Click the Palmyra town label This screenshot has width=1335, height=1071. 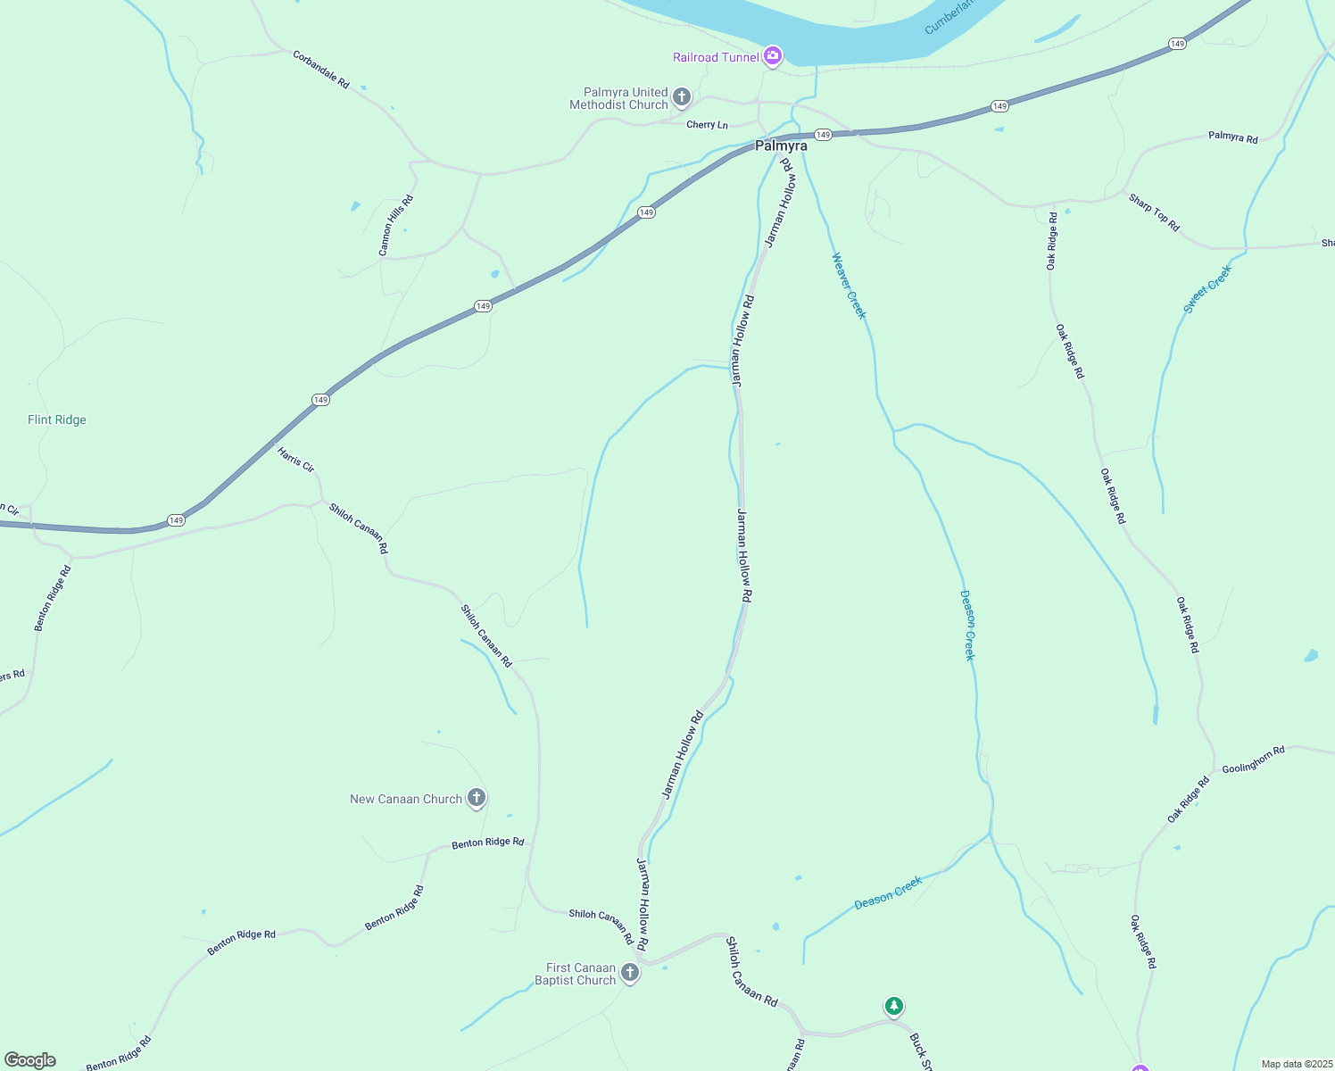(x=781, y=145)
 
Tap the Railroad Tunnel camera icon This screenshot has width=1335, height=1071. (x=773, y=56)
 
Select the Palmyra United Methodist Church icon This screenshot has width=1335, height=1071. (x=682, y=97)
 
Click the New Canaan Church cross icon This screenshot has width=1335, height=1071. (x=477, y=798)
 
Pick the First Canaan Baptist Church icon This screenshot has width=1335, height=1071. (x=630, y=973)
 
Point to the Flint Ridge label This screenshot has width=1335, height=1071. (x=57, y=419)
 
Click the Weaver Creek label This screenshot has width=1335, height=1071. (x=849, y=286)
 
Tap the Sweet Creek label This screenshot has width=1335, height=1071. (x=1207, y=288)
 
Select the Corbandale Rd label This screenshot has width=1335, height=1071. (x=321, y=69)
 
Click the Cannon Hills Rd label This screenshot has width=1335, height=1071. (x=396, y=226)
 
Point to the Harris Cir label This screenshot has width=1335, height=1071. (x=295, y=460)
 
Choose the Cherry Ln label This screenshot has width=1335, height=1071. (x=707, y=125)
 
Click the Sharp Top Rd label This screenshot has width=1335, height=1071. (x=1154, y=212)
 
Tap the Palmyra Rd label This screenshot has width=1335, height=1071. (x=1232, y=137)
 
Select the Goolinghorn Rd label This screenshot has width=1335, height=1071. (x=1253, y=760)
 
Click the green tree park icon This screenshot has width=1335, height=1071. (x=894, y=1006)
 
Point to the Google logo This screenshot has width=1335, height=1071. (x=29, y=1060)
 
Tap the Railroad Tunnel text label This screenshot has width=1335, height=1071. (x=716, y=57)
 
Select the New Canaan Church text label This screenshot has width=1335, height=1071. (x=406, y=799)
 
